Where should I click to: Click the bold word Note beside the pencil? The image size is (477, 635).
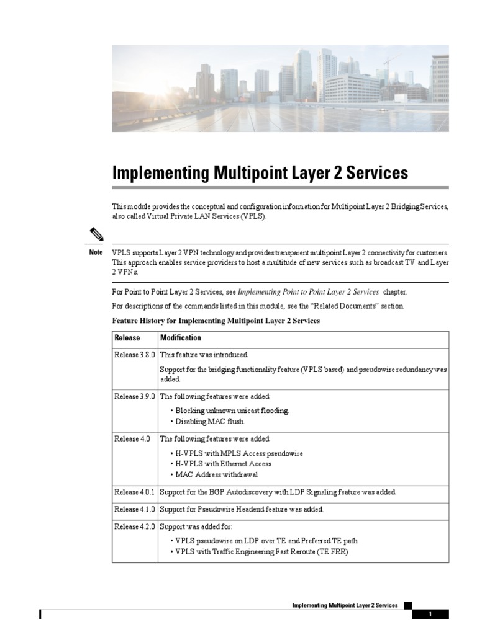pyautogui.click(x=96, y=252)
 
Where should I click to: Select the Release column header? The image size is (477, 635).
pyautogui.click(x=127, y=338)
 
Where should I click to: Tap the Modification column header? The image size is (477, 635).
pyautogui.click(x=181, y=338)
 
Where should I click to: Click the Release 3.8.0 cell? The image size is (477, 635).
pyautogui.click(x=135, y=355)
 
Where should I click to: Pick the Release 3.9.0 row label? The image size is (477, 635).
pyautogui.click(x=135, y=396)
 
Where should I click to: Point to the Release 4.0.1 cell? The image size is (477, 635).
pyautogui.click(x=135, y=492)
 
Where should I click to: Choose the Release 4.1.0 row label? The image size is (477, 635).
pyautogui.click(x=135, y=510)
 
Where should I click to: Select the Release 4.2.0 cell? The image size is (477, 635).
pyautogui.click(x=135, y=526)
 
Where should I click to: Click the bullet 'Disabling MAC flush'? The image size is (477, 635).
pyautogui.click(x=210, y=422)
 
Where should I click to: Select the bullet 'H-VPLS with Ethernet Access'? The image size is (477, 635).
pyautogui.click(x=223, y=464)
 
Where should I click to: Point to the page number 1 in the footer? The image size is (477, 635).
pyautogui.click(x=429, y=615)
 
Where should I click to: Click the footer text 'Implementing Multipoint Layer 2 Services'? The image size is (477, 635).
pyautogui.click(x=345, y=605)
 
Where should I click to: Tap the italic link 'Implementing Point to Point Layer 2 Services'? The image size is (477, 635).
pyautogui.click(x=308, y=291)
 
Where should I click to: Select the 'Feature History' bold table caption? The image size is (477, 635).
pyautogui.click(x=216, y=321)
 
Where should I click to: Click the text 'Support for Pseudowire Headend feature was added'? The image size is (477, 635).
pyautogui.click(x=242, y=510)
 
